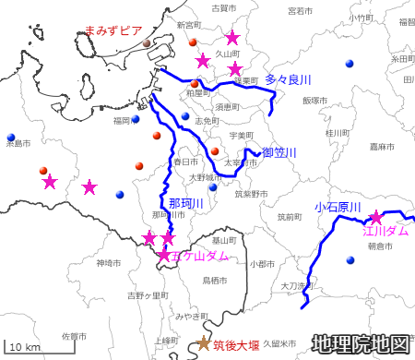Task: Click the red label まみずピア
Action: [x=112, y=30]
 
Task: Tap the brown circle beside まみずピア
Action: [x=148, y=43]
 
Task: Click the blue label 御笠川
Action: [x=279, y=152]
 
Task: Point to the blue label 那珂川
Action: [x=186, y=203]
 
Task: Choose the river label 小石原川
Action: [x=337, y=208]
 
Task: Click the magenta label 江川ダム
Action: [x=385, y=231]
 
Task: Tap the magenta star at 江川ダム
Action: [x=376, y=218]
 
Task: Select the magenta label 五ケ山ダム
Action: [x=200, y=255]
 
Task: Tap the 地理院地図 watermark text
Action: [x=360, y=343]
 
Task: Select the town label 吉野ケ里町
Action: [x=148, y=295]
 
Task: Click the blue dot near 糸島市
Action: [x=11, y=136]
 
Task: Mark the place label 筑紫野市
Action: [x=250, y=195]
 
